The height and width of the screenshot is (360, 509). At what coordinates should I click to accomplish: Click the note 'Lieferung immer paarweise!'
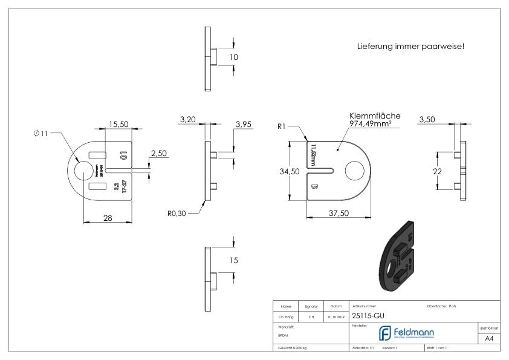410,46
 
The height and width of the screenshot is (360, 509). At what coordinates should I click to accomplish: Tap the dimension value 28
107,218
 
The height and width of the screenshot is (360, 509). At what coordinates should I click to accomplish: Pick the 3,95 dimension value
243,124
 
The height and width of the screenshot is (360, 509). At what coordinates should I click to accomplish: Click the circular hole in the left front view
80,171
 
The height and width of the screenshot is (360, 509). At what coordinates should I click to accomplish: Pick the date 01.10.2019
336,316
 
